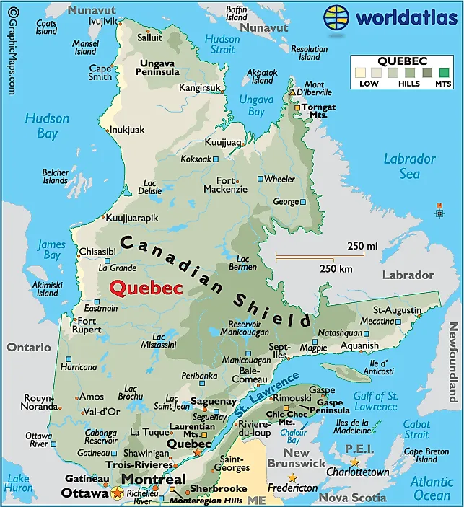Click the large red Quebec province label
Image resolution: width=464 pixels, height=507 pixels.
pos(145,286)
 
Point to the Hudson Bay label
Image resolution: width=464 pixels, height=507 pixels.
pos(47,125)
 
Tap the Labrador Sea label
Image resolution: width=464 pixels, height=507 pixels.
pos(409,166)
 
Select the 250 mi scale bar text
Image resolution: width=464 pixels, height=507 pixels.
pos(362,246)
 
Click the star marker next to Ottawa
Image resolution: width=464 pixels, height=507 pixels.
pos(117,493)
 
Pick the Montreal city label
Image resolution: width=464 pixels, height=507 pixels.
pos(153,479)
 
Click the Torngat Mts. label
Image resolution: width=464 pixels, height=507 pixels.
pos(318,111)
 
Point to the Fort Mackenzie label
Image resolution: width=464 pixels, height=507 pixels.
pos(225,185)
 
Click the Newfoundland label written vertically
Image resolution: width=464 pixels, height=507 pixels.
pos(453,362)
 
